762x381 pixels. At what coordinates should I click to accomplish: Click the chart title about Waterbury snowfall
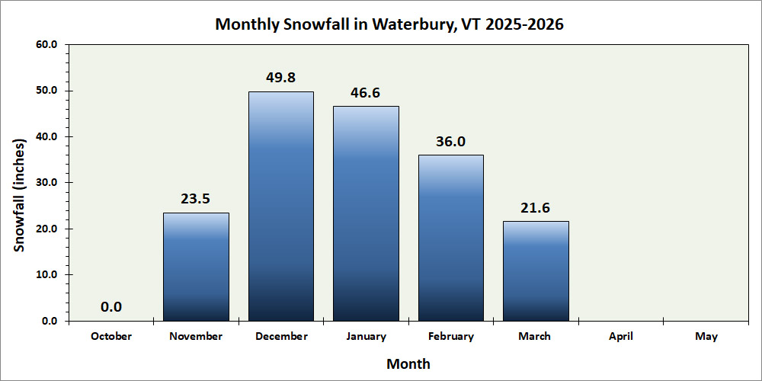[x=389, y=24]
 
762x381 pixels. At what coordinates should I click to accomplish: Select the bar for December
[x=281, y=206]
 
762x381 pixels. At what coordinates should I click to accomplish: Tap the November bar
[x=196, y=267]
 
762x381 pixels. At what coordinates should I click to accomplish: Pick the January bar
[x=366, y=213]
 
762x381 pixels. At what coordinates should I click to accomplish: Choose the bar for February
[x=451, y=238]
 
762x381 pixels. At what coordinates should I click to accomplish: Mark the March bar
[x=536, y=271]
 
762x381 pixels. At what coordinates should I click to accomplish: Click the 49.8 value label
[x=281, y=78]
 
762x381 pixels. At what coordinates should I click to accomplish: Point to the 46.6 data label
[x=366, y=93]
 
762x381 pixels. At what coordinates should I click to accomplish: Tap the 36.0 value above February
[x=451, y=142]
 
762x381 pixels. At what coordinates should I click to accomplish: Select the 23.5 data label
[x=196, y=200]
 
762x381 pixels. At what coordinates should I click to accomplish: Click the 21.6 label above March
[x=536, y=208]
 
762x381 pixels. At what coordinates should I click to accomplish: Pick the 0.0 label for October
[x=111, y=307]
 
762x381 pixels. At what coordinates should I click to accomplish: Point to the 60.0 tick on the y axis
[x=46, y=45]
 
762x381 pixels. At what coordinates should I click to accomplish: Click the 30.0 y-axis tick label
[x=46, y=183]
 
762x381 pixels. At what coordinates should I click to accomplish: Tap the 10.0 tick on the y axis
[x=46, y=275]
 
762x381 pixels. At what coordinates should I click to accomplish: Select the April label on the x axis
[x=621, y=336]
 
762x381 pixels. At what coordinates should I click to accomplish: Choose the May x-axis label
[x=706, y=336]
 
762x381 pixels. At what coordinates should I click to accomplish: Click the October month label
[x=111, y=336]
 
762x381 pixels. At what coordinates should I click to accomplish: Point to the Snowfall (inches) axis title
[x=20, y=196]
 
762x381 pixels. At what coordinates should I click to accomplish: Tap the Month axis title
[x=408, y=363]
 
